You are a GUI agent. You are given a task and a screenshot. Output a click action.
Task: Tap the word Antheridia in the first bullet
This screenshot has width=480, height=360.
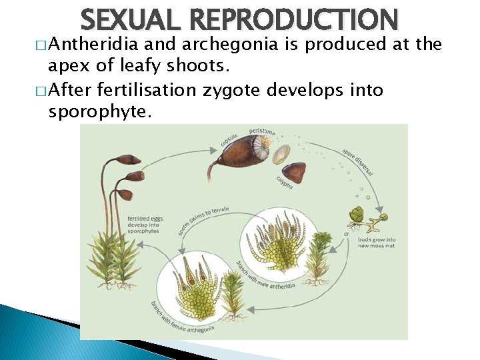89,45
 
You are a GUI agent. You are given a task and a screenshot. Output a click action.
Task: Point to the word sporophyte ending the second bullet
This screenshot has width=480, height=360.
100,112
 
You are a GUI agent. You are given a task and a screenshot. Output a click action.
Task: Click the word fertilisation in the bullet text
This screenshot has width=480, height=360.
166,90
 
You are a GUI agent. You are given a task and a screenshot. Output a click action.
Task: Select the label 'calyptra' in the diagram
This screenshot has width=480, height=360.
283,182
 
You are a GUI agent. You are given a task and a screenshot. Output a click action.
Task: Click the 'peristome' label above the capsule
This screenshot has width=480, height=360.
263,132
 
